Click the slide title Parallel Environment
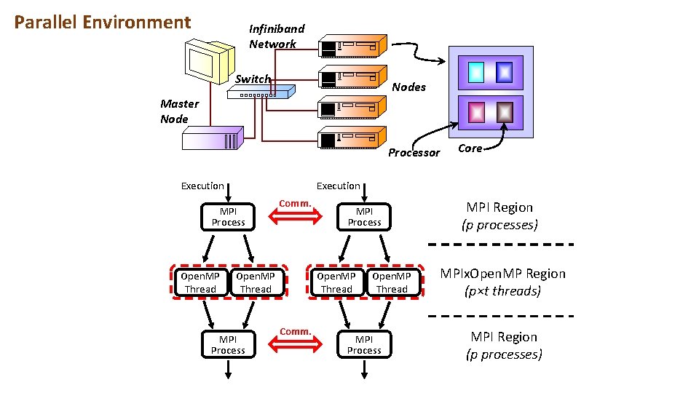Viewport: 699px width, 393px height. click(102, 23)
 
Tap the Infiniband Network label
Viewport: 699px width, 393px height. click(276, 36)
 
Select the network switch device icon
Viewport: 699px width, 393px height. click(260, 92)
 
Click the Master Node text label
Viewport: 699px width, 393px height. click(179, 111)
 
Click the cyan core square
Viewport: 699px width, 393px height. click(475, 71)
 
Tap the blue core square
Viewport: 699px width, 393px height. click(504, 71)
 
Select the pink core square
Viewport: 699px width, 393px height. click(475, 112)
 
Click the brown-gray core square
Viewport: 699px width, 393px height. click(504, 112)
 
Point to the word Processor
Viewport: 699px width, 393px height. click(414, 153)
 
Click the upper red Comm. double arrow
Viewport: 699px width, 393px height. click(295, 215)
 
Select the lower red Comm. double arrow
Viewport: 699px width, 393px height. click(295, 344)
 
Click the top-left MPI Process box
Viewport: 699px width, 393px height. click(228, 217)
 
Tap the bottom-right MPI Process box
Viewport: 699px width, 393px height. click(364, 345)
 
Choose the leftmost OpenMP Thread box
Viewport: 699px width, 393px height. click(200, 282)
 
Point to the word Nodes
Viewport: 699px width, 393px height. click(408, 87)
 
